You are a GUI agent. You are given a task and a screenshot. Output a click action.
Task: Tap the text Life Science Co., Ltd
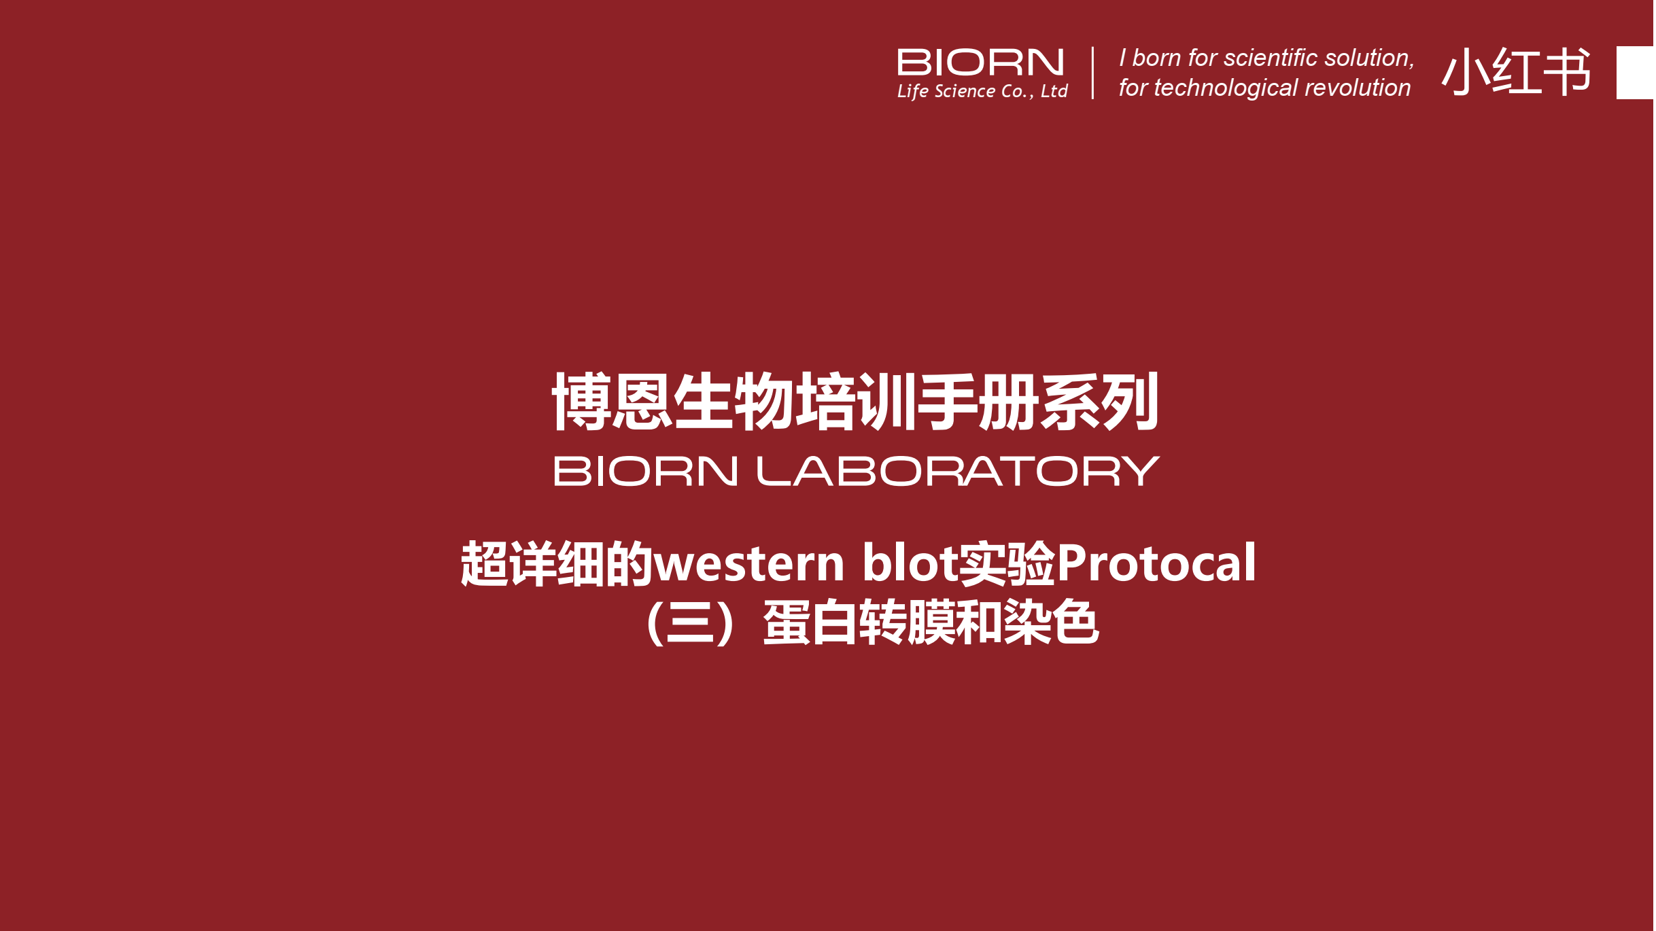coord(982,91)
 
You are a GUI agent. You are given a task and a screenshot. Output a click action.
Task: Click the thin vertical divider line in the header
coord(1092,73)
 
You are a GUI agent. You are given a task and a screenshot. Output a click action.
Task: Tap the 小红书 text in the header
coord(1516,71)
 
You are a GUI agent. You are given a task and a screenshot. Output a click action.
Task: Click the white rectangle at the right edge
coord(1636,73)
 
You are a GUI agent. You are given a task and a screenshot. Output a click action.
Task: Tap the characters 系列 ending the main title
coord(1099,401)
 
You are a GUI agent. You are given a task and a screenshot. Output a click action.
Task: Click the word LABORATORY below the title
coord(959,471)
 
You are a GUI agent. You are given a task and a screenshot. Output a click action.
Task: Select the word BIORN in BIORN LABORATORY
coord(646,471)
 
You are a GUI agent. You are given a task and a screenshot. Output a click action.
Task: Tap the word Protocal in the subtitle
coord(1156,563)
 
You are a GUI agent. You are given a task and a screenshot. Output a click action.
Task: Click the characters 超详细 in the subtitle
coord(533,563)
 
